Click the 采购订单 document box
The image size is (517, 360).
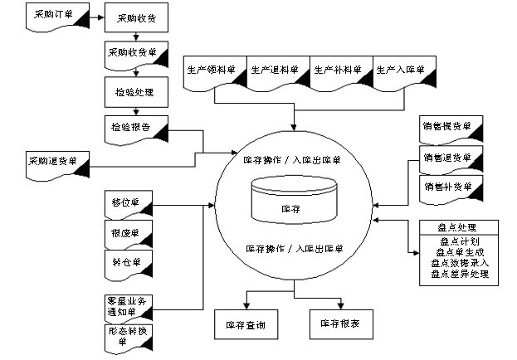pos(59,16)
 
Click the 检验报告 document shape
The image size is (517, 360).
pos(134,129)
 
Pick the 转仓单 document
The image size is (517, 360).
pos(129,265)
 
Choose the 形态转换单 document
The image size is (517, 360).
pos(129,335)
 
